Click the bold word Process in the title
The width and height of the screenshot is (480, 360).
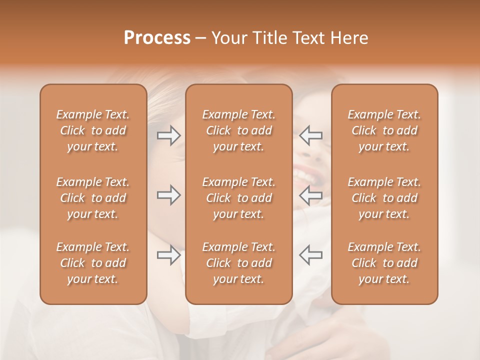[x=157, y=38]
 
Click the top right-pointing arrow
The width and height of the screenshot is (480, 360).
[x=169, y=135]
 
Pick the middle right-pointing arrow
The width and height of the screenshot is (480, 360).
[x=169, y=195]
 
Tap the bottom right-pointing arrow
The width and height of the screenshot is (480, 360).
[x=169, y=255]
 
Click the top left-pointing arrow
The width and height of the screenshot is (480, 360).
[x=310, y=135]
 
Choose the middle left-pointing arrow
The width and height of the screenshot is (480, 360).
[x=310, y=195]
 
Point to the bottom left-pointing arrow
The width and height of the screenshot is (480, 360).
[x=310, y=255]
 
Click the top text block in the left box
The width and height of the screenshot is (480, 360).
[x=93, y=130]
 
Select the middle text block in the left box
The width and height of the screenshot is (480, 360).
[x=93, y=198]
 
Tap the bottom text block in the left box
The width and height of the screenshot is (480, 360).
[x=93, y=263]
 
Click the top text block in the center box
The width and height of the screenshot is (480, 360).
[x=239, y=130]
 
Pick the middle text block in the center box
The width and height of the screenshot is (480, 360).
[x=239, y=198]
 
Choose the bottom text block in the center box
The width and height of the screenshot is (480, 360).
[x=239, y=263]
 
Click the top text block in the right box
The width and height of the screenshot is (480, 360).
[x=384, y=130]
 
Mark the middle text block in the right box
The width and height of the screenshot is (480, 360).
[x=384, y=198]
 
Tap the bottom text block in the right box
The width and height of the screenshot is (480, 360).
[x=384, y=263]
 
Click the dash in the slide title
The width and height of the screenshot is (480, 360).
[x=200, y=38]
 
